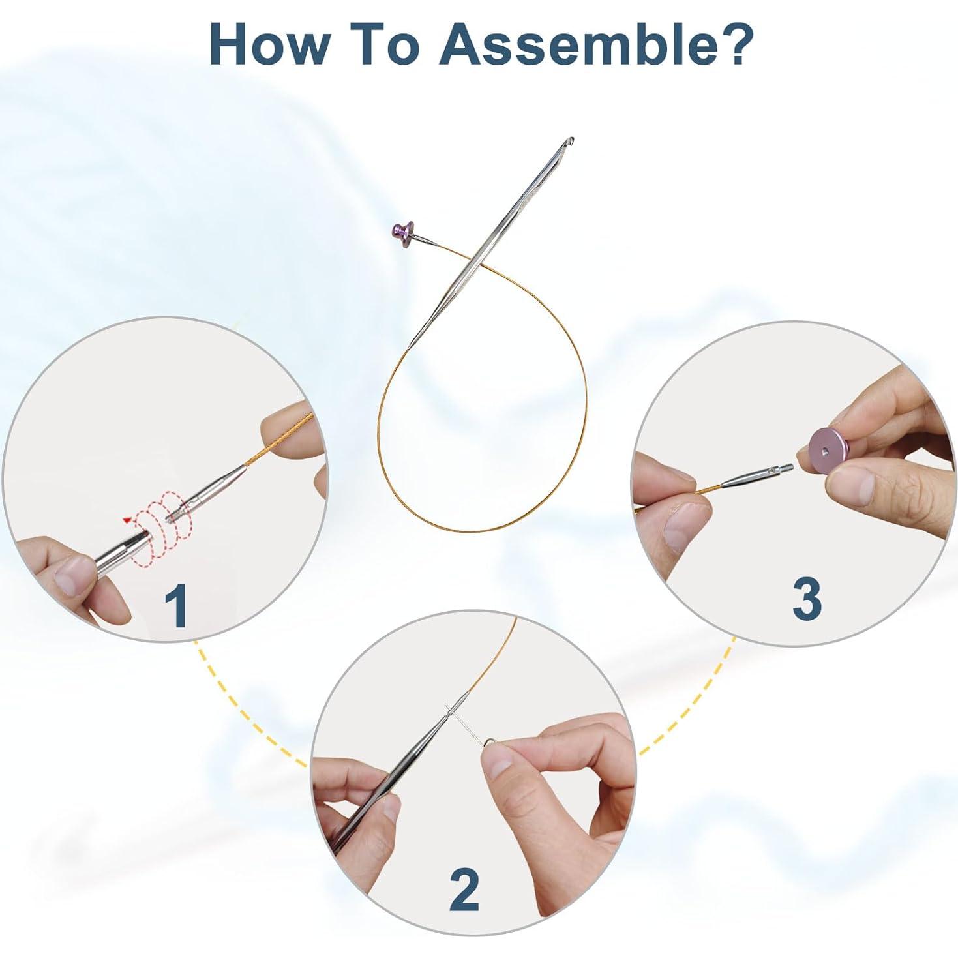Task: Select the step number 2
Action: click(x=464, y=890)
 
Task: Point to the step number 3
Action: click(x=806, y=601)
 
